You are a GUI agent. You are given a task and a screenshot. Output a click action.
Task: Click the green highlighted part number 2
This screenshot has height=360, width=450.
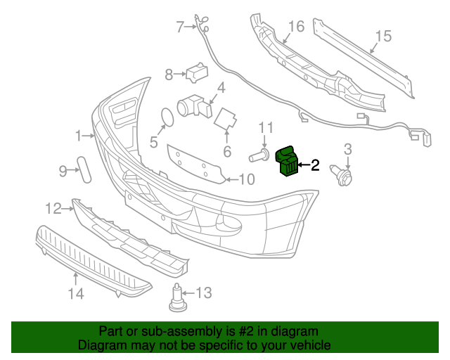point(288,162)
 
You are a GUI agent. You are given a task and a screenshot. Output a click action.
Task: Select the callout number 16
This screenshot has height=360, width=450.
point(296,27)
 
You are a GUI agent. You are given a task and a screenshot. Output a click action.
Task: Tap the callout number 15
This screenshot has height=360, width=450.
point(382,35)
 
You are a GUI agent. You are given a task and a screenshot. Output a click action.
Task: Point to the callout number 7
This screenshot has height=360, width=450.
point(179,27)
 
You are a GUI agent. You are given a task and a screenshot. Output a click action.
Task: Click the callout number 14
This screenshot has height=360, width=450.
point(75,294)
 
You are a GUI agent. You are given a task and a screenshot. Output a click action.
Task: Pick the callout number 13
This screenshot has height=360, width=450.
point(203,292)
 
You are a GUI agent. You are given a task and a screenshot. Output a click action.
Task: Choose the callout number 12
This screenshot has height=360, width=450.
point(53,208)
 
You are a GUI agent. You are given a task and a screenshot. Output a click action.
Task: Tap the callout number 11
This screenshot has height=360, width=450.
point(265,127)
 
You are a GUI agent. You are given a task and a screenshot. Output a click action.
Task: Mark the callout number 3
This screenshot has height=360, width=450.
point(347,149)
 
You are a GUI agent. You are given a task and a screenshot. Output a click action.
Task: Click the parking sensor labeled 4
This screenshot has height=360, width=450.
point(194,106)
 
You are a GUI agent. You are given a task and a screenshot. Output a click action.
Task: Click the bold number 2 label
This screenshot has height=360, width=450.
point(315,166)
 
